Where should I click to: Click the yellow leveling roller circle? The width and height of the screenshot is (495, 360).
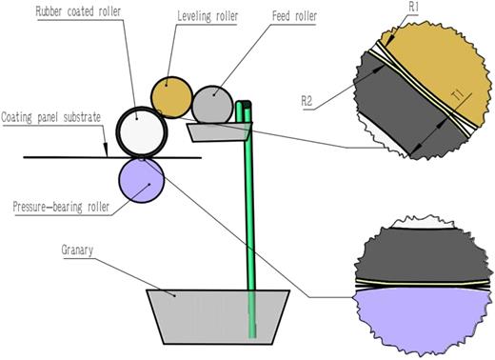click(x=171, y=95)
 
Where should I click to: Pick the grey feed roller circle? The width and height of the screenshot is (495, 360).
click(x=211, y=103)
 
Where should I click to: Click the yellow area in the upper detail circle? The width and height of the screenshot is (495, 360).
click(x=438, y=57)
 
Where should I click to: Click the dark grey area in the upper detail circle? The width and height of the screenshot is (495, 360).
click(x=390, y=114)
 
